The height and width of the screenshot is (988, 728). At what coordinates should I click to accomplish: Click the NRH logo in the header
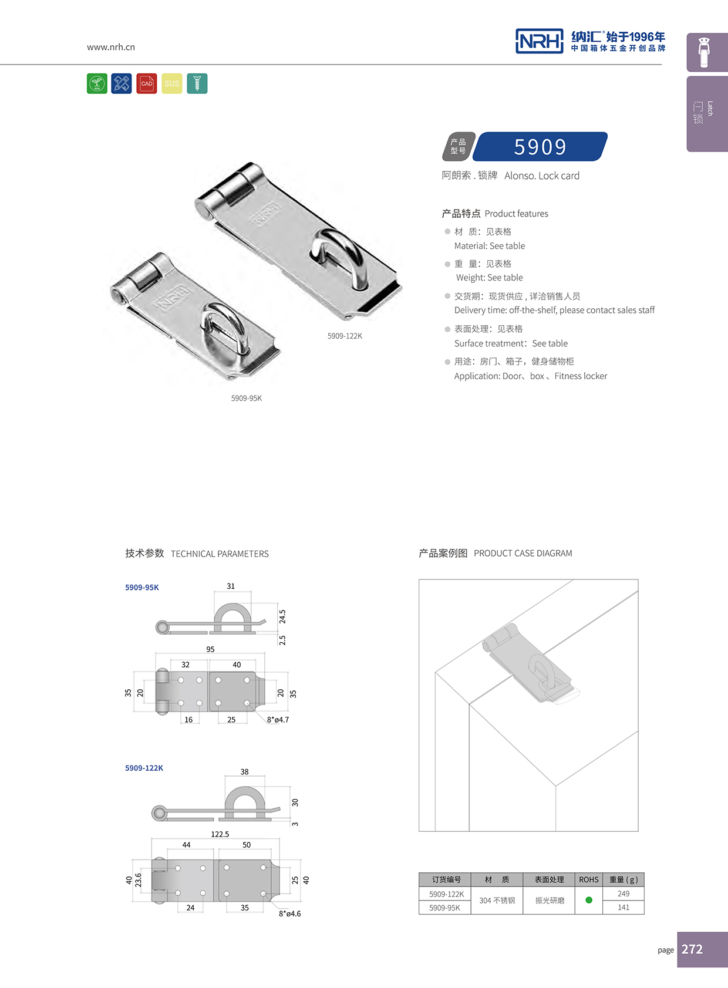click(539, 41)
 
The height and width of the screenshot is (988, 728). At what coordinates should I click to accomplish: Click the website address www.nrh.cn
click(111, 47)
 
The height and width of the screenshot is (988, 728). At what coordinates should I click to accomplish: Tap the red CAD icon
click(147, 83)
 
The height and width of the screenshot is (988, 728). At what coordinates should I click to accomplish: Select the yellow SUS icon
click(172, 83)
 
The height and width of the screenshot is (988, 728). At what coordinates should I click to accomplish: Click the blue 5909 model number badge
click(540, 147)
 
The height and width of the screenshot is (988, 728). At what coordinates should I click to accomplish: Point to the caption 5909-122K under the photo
click(345, 336)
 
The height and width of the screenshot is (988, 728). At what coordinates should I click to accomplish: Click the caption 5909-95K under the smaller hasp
click(247, 398)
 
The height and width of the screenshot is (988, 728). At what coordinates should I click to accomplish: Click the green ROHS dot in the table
click(589, 900)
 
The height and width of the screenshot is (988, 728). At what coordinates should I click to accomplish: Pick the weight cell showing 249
click(623, 893)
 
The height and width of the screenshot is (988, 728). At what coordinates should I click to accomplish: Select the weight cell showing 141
click(623, 907)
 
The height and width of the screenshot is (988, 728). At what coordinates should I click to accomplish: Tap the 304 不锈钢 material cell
click(497, 901)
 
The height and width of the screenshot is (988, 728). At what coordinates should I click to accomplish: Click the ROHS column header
click(589, 879)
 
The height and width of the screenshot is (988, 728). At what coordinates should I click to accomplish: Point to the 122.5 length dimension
click(220, 834)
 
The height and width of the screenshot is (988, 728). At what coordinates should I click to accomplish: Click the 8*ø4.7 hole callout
click(278, 720)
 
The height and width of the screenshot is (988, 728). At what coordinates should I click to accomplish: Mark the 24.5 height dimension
click(282, 616)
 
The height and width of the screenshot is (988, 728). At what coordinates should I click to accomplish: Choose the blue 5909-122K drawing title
click(144, 768)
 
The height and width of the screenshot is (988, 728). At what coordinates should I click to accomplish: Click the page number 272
click(692, 949)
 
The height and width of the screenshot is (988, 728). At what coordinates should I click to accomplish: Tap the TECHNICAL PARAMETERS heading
click(220, 554)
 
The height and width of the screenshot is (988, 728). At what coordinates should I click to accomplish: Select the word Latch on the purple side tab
click(710, 109)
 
